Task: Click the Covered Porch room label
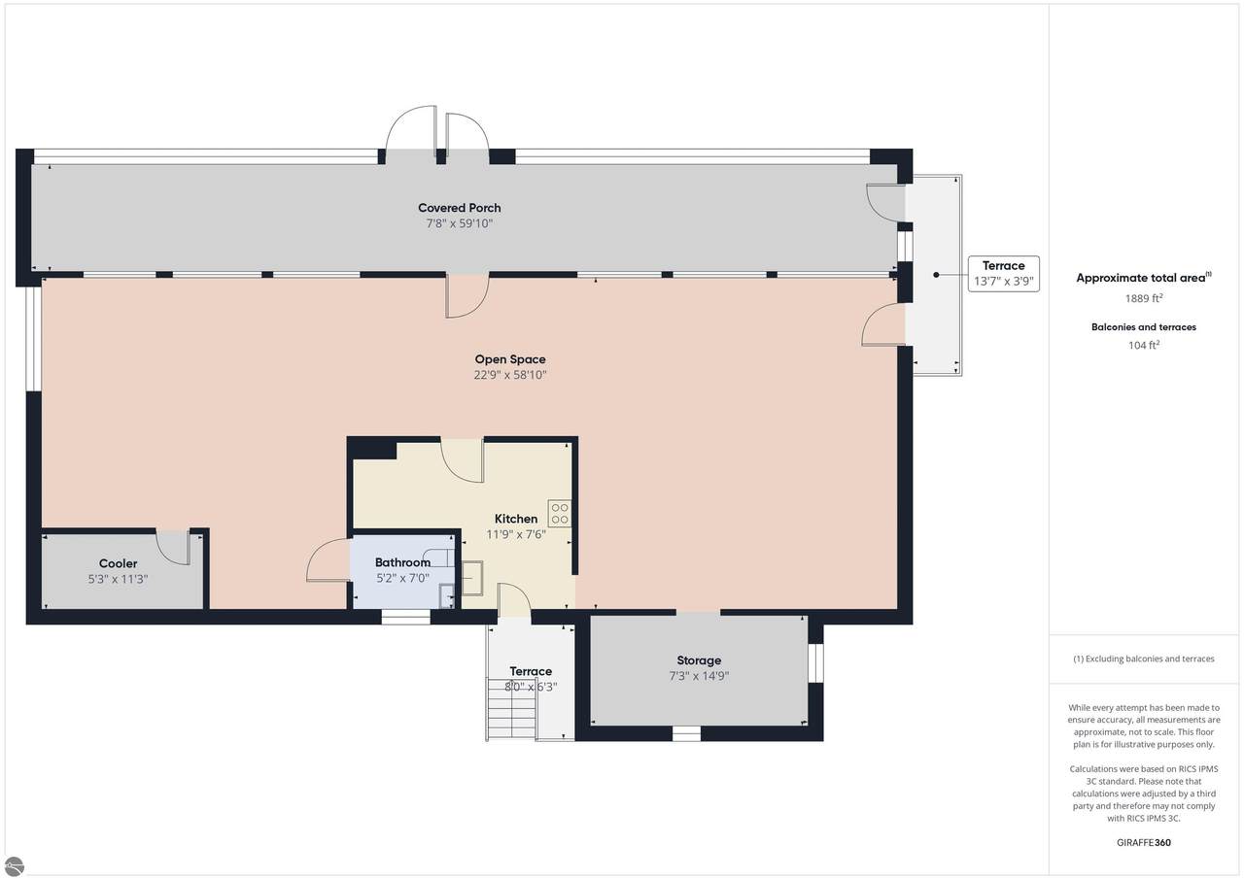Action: click(460, 208)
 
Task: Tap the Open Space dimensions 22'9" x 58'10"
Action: click(510, 375)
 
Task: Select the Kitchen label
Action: click(516, 519)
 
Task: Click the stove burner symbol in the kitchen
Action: click(560, 513)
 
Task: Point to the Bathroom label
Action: click(402, 562)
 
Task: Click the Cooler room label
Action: click(118, 563)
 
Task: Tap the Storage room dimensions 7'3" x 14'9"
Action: click(699, 676)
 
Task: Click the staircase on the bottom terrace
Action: click(511, 709)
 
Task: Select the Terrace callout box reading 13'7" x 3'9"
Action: click(1004, 274)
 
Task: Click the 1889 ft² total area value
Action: click(1144, 298)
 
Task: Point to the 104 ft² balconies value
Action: click(1144, 345)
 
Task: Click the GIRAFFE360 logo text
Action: click(1144, 842)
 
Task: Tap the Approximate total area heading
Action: click(1144, 278)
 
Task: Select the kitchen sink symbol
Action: click(472, 578)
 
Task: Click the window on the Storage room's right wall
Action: click(815, 662)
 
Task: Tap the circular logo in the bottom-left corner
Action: click(14, 866)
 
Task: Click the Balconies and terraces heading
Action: click(1144, 327)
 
